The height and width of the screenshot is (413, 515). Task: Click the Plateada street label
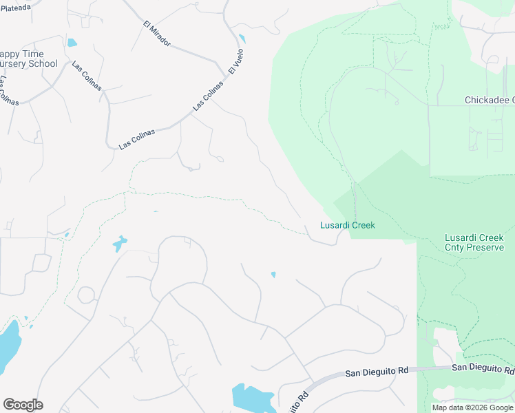[16, 7]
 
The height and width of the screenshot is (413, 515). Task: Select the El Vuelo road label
[236, 61]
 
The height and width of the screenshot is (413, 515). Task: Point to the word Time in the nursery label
[32, 54]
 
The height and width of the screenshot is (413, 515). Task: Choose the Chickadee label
[489, 100]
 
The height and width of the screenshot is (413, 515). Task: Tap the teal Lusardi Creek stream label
[347, 225]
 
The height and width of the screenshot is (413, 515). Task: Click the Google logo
[23, 405]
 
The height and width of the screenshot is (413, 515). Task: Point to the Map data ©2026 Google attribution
[472, 407]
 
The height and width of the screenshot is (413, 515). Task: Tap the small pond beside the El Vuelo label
[241, 39]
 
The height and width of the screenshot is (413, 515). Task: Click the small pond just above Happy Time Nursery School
[72, 43]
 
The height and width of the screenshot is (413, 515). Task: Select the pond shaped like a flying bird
[120, 243]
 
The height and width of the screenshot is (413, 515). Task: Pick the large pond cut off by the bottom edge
[251, 399]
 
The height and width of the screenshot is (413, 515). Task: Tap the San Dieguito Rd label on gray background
[377, 372]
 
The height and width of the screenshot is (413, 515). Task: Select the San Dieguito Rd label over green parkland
[483, 368]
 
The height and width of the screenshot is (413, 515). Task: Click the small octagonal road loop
[87, 295]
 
